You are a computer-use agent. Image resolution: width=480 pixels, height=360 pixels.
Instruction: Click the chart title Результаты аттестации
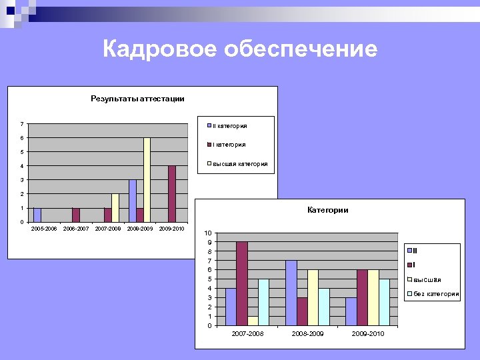pos(137,99)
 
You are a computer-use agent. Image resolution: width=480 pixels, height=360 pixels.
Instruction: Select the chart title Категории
pos(327,210)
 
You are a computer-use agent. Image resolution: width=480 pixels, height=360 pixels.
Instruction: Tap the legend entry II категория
pos(229,125)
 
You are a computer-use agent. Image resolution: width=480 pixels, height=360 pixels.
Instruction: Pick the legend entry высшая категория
pos(239,163)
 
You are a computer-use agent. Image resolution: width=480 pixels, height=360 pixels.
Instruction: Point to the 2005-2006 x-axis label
pos(44,229)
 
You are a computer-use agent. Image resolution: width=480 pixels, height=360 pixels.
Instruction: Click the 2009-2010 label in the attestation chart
pos(171,229)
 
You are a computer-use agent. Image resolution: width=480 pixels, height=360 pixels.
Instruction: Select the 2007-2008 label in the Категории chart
pos(247,333)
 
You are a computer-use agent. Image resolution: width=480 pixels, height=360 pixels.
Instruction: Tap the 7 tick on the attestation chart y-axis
pos(22,124)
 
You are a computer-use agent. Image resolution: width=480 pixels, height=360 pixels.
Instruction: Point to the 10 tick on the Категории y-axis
pos(208,233)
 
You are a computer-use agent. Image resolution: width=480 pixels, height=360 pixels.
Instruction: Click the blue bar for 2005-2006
pos(37,215)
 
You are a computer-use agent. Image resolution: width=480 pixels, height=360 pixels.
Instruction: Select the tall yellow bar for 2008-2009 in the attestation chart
pos(147,179)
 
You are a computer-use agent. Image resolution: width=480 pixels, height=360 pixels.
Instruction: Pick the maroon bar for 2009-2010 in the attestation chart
pos(172,193)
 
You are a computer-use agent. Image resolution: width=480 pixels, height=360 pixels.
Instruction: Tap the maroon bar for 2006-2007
pos(76,215)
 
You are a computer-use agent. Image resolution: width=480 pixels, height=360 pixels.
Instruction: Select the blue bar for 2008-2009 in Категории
pos(291,293)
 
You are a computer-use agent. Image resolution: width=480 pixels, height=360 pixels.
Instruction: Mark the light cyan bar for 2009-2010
pos(384,302)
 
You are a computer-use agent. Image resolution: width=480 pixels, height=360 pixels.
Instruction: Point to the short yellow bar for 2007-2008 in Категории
pos(253,321)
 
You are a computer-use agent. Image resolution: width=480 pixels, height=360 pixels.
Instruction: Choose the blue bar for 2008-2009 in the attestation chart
pos(133,201)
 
